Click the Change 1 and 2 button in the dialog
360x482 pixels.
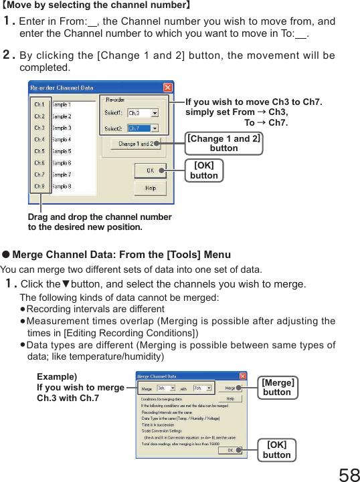click(135, 143)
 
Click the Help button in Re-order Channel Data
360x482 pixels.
click(151, 189)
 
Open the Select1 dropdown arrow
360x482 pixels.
click(155, 113)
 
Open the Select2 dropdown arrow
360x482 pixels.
click(155, 128)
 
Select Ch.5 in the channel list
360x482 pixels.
click(39, 151)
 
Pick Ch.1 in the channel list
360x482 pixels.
click(39, 104)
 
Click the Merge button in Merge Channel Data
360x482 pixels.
click(230, 388)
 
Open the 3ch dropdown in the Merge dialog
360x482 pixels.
click(173, 388)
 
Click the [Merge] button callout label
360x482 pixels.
click(277, 387)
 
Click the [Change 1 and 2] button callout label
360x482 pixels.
click(223, 143)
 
